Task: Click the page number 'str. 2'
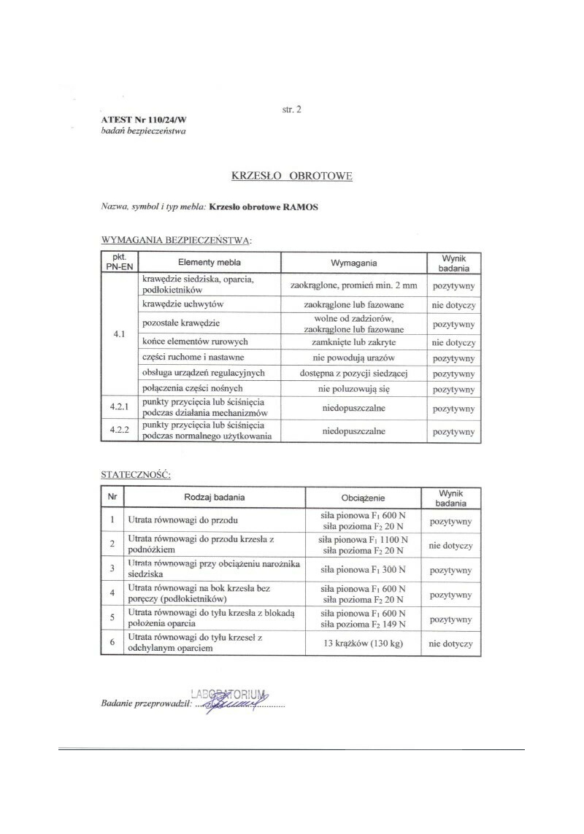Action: (x=291, y=109)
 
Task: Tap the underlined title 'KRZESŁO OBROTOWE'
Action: (x=291, y=176)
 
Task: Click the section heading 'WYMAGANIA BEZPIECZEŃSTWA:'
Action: (x=176, y=239)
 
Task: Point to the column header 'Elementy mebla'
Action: (x=210, y=262)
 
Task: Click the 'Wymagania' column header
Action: (x=354, y=262)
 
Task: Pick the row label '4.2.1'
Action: (x=119, y=408)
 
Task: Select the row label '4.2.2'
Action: (x=119, y=431)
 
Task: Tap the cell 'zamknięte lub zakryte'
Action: (x=354, y=341)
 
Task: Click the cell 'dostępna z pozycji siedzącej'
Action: (x=354, y=373)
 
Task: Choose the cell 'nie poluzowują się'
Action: (x=354, y=389)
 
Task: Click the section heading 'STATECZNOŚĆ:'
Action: (x=135, y=474)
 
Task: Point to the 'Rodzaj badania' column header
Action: (x=214, y=498)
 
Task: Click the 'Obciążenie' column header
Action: (x=363, y=498)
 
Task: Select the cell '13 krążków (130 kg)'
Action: (x=363, y=644)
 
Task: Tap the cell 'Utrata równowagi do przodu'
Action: (x=179, y=521)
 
